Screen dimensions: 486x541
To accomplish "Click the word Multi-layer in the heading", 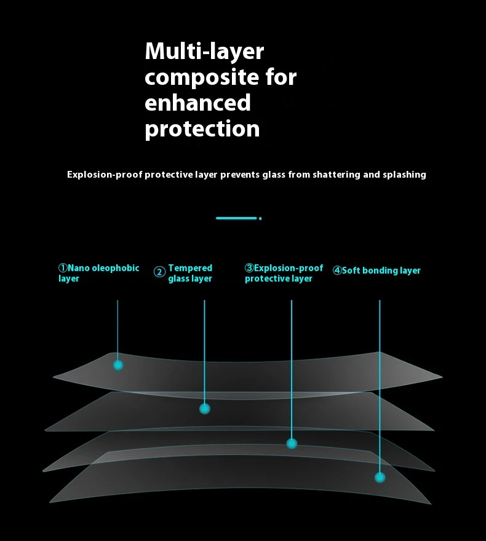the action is click(204, 52).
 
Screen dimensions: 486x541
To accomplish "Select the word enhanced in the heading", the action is click(197, 103).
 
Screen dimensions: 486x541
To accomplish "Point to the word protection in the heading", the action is click(202, 129).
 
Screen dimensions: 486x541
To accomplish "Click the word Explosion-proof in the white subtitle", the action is click(105, 175).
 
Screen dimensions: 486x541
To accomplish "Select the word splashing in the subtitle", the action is click(402, 175).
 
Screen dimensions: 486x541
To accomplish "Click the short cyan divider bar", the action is click(236, 218).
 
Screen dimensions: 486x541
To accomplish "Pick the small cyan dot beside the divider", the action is click(260, 218).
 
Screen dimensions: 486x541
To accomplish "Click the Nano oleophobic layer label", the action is click(99, 274).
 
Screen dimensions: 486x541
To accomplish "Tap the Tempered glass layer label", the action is click(190, 274).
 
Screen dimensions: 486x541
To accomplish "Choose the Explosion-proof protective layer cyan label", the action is click(284, 274).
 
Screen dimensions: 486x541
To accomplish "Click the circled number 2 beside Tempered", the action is click(159, 272).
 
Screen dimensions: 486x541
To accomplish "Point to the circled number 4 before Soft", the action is click(337, 270).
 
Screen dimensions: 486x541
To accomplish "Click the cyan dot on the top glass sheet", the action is click(118, 365).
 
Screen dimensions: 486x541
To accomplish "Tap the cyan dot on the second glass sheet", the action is click(205, 409).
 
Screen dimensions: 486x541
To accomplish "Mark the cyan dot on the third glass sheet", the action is click(292, 443).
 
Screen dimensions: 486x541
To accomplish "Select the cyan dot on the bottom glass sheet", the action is click(380, 477).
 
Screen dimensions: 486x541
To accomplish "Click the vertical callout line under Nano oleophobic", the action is click(118, 326).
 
